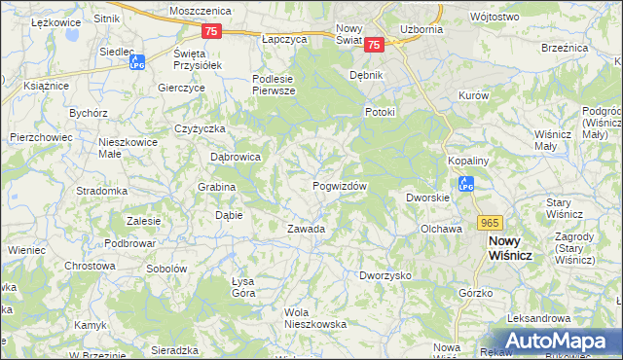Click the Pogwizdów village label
[x=339, y=186]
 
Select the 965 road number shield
[x=490, y=222]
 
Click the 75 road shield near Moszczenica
[x=213, y=31]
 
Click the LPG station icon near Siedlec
[x=137, y=62]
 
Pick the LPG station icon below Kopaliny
[x=466, y=183]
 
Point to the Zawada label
[x=305, y=229]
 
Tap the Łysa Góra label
[x=242, y=287]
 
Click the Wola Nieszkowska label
[x=314, y=318]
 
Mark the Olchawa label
[x=440, y=229]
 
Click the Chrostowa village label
[x=90, y=265]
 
